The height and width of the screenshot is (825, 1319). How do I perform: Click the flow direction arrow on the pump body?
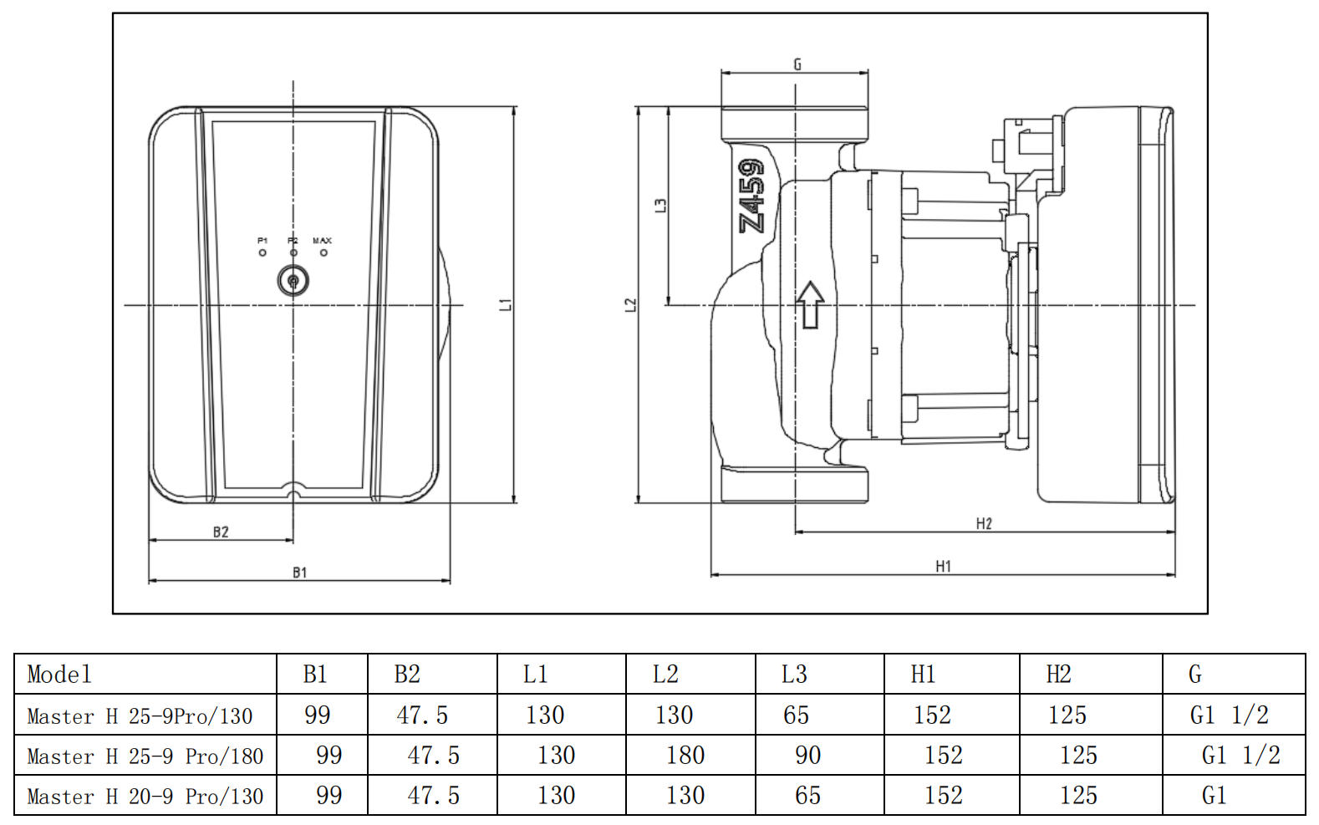coord(810,304)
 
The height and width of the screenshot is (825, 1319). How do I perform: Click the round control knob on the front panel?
coord(293,281)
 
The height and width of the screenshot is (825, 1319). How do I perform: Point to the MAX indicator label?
coord(322,241)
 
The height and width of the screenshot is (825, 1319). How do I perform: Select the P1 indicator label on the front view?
coord(262,241)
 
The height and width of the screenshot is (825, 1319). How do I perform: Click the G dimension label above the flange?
coord(797,64)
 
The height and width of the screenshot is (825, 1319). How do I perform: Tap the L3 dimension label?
coord(660,205)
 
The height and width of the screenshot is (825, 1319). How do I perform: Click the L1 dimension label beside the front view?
coord(505,304)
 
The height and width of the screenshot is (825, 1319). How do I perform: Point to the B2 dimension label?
coord(221,532)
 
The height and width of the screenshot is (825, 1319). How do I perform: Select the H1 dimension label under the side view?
coord(943,567)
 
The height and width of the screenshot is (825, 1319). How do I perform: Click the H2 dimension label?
coord(984,524)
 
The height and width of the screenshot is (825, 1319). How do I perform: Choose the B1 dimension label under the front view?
coord(299,573)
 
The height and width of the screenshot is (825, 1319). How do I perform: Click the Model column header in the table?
coord(59,675)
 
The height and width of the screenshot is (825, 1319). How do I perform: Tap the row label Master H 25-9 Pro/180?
coord(145,756)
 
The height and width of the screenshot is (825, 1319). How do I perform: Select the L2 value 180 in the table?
coord(685,756)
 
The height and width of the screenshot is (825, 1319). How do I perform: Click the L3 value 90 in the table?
coord(807,756)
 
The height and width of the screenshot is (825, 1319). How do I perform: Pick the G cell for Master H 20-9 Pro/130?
coord(1214,796)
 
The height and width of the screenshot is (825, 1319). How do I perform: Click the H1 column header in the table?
coord(923,675)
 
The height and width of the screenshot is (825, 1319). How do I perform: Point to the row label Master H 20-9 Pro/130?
coord(145,797)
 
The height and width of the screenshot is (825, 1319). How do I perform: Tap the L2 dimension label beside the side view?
coord(631,305)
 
